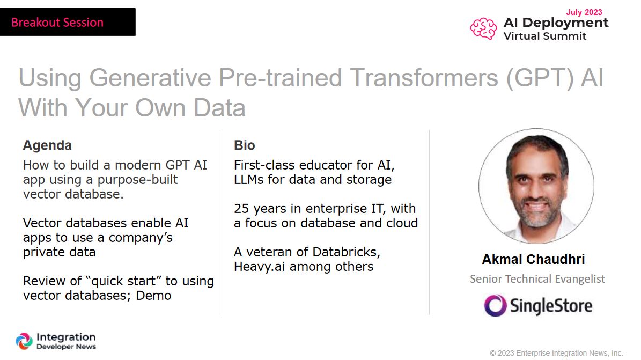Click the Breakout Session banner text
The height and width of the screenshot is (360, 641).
click(57, 22)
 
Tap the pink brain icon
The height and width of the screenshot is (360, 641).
click(484, 28)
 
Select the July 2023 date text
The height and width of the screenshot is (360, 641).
click(584, 12)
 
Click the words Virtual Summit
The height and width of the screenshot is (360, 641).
click(545, 36)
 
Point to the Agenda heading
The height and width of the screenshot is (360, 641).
click(47, 145)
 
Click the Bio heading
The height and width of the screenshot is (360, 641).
click(245, 145)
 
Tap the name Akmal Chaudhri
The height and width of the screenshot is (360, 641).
click(534, 259)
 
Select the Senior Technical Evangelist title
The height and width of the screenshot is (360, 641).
click(537, 279)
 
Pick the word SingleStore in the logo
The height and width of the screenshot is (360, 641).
click(551, 306)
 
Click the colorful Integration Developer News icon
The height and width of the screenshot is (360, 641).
click(24, 341)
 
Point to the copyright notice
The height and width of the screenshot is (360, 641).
click(556, 353)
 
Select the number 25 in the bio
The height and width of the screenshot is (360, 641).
click(241, 209)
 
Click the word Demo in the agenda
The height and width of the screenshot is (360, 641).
click(154, 296)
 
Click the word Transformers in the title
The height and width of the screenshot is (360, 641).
click(424, 78)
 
